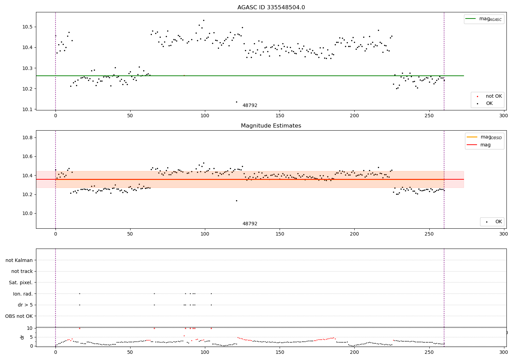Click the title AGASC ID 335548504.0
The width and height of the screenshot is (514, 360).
pyautogui.click(x=271, y=8)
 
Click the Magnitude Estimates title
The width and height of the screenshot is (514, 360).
pyautogui.click(x=271, y=126)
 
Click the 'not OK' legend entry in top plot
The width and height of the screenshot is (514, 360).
pyautogui.click(x=493, y=96)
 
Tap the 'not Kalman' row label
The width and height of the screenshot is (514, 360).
pyautogui.click(x=19, y=260)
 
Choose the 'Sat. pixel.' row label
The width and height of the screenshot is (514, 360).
pyautogui.click(x=21, y=283)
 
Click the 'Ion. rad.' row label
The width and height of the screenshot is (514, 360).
pyautogui.click(x=23, y=294)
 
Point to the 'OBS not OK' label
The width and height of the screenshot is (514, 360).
pyautogui.click(x=19, y=316)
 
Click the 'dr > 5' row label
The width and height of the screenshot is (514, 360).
pyautogui.click(x=25, y=305)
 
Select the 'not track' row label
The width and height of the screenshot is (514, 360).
pyautogui.click(x=22, y=272)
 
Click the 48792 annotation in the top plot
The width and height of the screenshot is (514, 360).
pyautogui.click(x=250, y=106)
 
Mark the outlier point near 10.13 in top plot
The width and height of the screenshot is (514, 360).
pyautogui.click(x=236, y=102)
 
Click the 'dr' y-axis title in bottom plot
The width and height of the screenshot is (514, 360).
pyautogui.click(x=22, y=337)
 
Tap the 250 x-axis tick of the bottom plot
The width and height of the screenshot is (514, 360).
pyautogui.click(x=429, y=352)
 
